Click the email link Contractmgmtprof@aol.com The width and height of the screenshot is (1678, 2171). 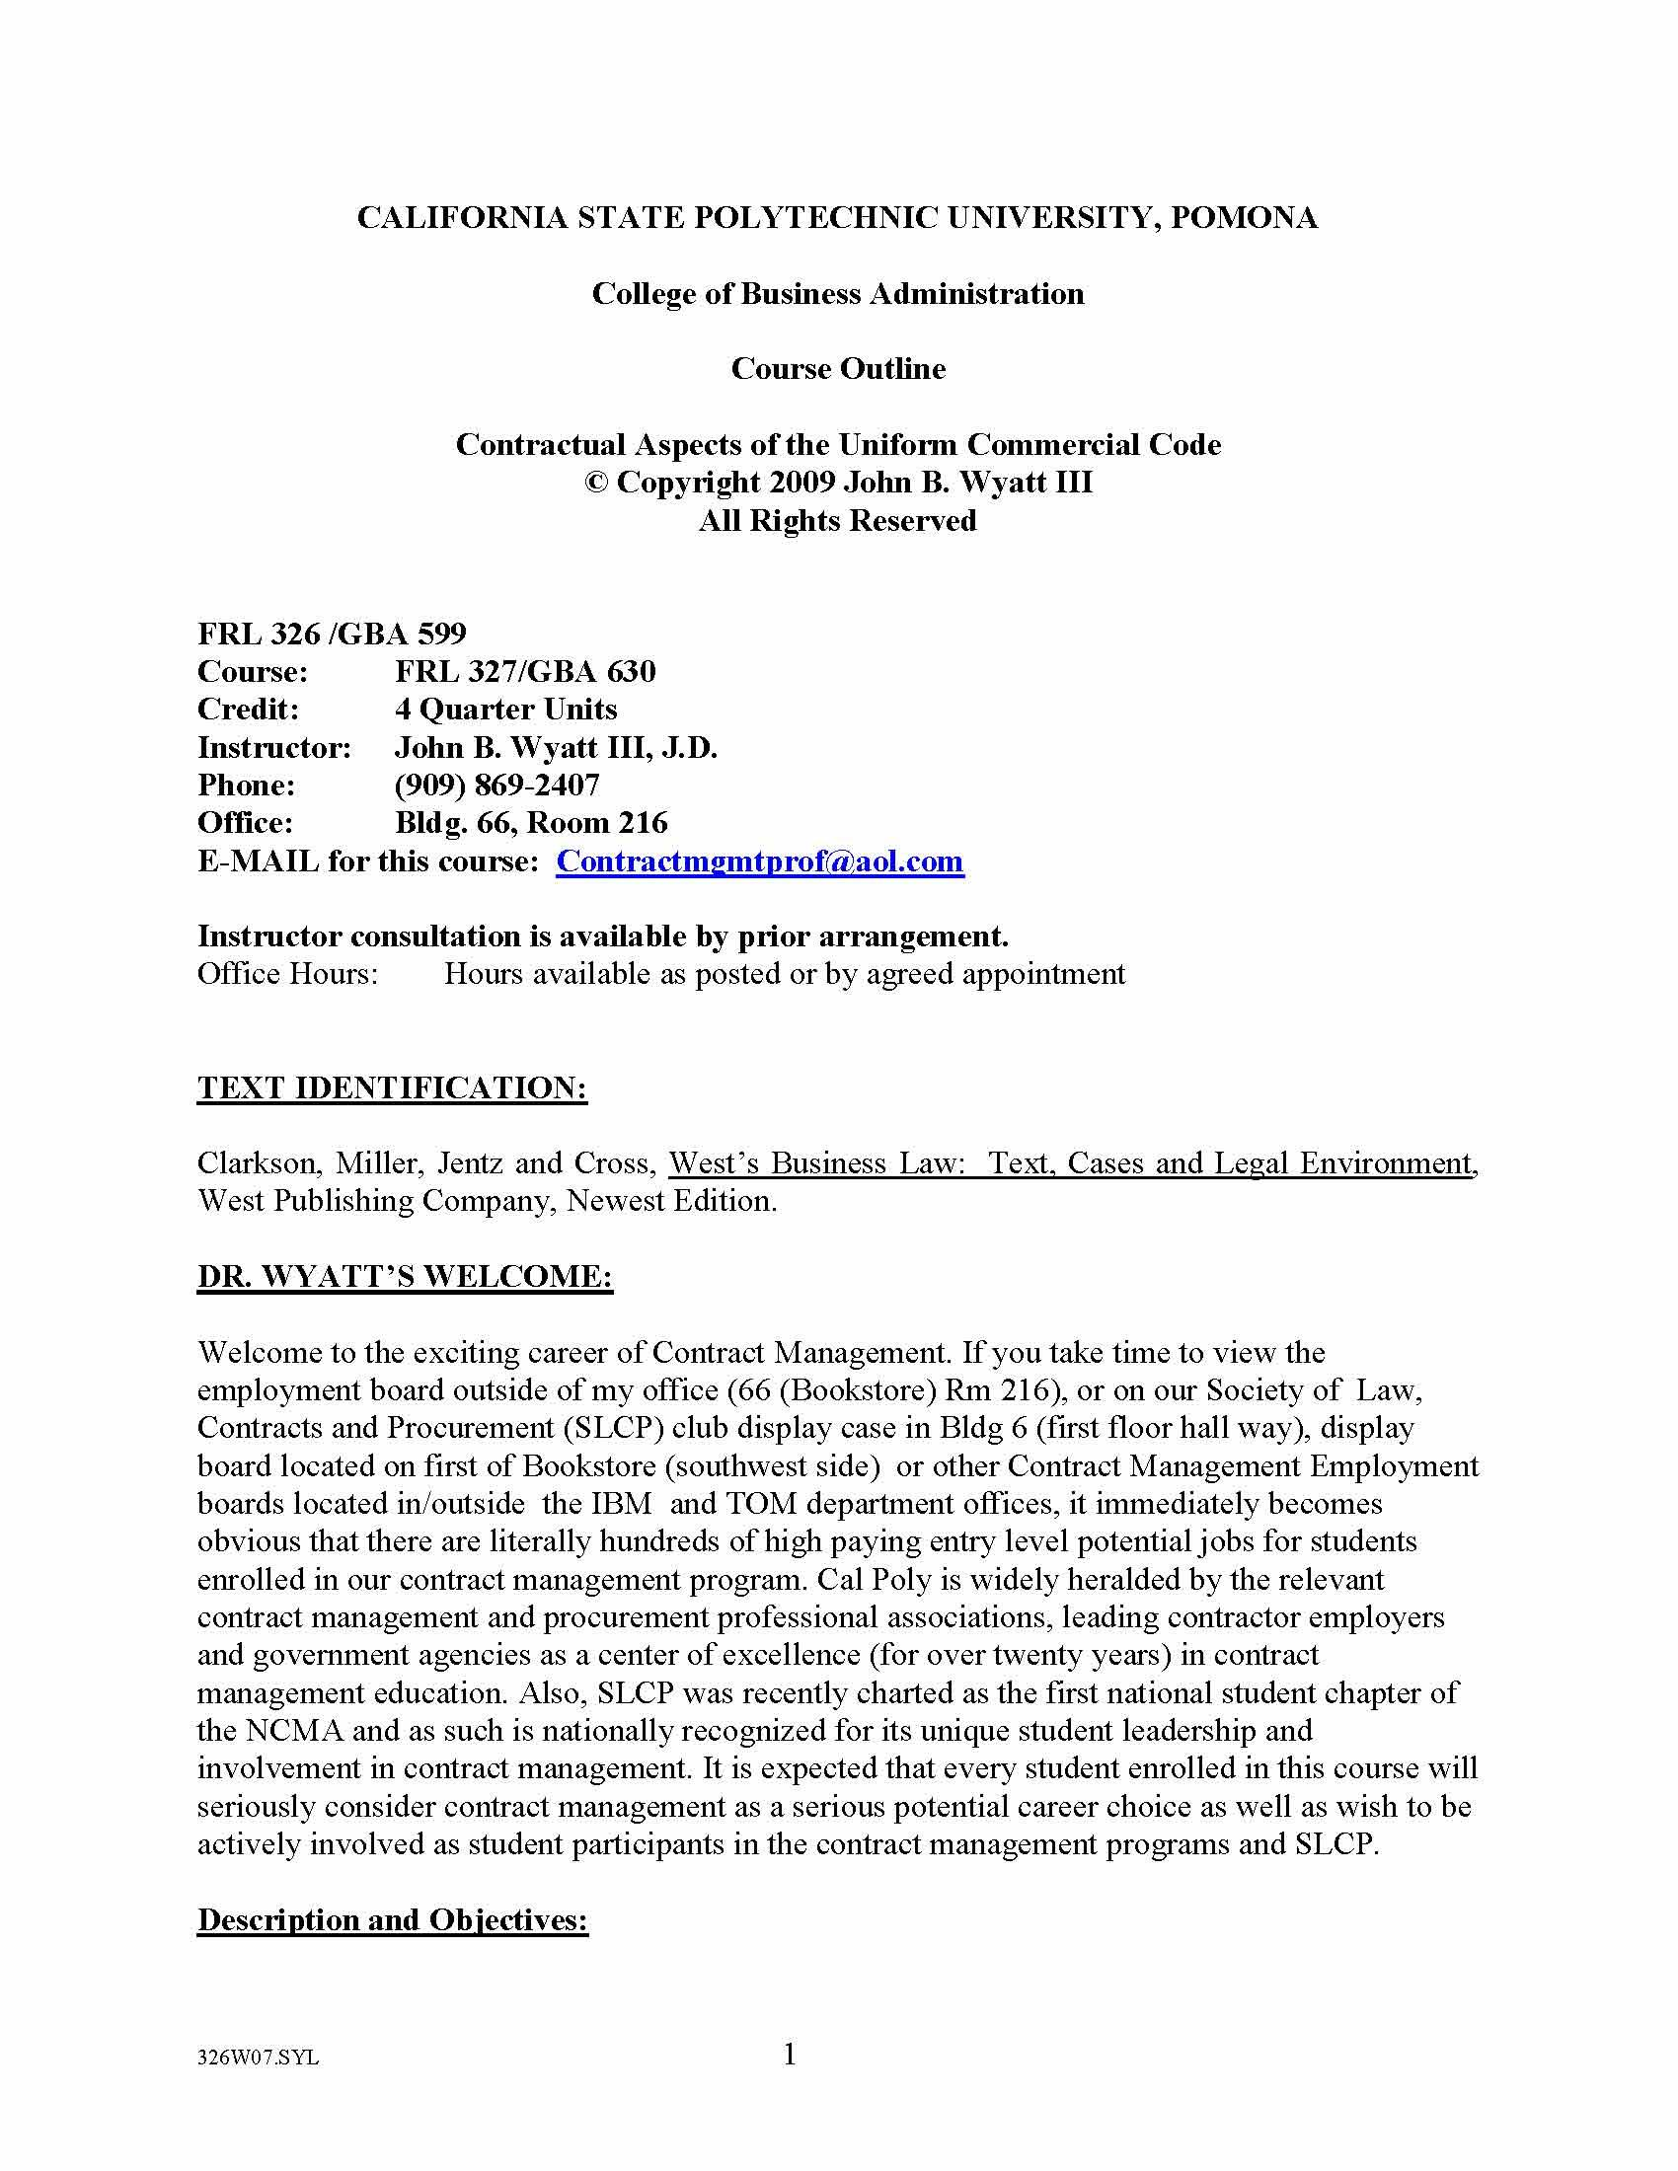(x=759, y=861)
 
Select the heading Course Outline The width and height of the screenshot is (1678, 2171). (x=838, y=369)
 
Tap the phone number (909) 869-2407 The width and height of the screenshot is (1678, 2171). (x=497, y=786)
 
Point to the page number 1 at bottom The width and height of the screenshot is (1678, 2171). (x=791, y=2054)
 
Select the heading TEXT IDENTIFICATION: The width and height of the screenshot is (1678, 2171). (x=392, y=1087)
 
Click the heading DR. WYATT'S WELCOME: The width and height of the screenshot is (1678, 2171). (x=405, y=1276)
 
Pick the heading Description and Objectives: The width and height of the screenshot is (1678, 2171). (x=393, y=1919)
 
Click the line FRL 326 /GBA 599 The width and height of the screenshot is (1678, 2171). (x=332, y=634)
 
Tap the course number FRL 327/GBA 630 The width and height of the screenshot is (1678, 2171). (x=525, y=672)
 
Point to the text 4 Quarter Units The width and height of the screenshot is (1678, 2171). (x=505, y=710)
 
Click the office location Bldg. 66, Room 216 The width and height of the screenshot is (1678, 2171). (x=531, y=823)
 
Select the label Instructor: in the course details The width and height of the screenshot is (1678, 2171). (x=274, y=748)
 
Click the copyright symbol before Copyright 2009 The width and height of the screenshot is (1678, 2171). (x=595, y=484)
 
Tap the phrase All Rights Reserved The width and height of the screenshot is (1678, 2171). (x=837, y=521)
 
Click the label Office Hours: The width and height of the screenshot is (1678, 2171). (x=288, y=974)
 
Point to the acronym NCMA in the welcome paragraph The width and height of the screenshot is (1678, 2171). (x=295, y=1731)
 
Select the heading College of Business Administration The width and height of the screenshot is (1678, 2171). (x=838, y=294)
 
